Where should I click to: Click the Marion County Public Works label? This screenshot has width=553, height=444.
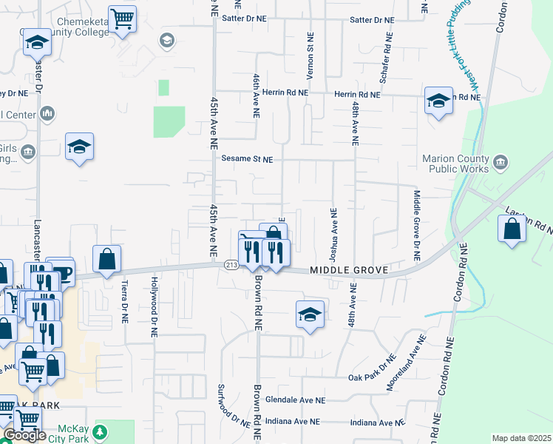[455, 164]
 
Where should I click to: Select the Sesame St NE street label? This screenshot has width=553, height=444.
[247, 159]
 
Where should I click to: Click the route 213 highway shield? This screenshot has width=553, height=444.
[230, 266]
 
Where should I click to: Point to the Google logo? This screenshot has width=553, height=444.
[24, 435]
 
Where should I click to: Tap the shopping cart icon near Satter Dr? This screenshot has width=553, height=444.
[122, 18]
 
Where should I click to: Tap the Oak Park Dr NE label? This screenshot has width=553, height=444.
[373, 377]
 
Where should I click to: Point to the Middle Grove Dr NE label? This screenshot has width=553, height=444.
[416, 226]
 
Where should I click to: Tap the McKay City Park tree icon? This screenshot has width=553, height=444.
[102, 431]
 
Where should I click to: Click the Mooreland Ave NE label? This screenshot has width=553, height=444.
[406, 364]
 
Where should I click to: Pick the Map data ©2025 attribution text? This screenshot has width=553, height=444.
[520, 438]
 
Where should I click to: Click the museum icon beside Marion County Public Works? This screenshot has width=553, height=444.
[500, 162]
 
